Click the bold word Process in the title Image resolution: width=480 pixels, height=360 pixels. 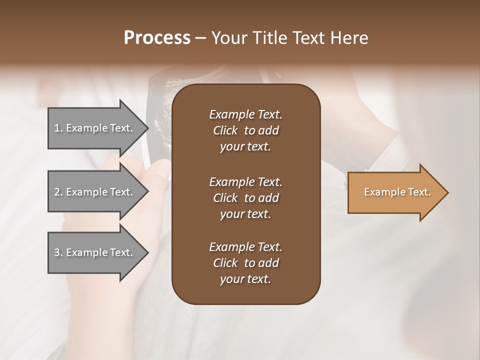(x=157, y=38)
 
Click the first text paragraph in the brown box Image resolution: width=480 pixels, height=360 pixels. (x=245, y=130)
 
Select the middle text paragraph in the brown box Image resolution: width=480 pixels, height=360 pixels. (x=245, y=198)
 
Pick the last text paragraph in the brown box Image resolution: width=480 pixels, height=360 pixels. (x=245, y=263)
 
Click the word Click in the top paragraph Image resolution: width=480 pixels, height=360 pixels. (x=225, y=130)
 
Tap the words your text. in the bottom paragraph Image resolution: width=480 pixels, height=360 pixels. (x=245, y=279)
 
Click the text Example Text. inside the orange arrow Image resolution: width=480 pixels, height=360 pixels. (x=397, y=192)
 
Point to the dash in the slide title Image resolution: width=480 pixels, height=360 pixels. (x=200, y=38)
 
